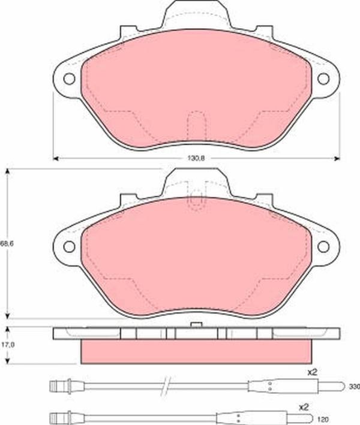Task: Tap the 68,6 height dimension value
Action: pos(5,244)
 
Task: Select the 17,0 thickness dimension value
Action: pos(5,345)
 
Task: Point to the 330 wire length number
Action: pos(354,387)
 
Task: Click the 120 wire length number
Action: pos(354,419)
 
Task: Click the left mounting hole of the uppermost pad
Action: pos(68,79)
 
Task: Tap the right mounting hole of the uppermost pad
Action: pos(324,79)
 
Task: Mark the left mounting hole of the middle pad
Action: pos(68,246)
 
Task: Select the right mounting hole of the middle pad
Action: pos(324,246)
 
